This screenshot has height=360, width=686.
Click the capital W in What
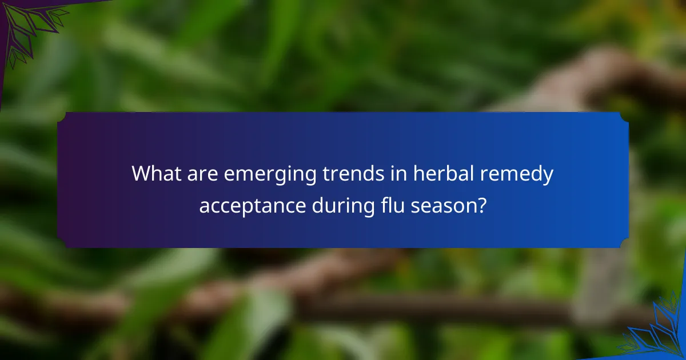(141, 174)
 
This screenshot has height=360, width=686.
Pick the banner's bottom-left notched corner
(61, 243)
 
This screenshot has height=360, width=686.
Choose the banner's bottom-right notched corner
(624, 243)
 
